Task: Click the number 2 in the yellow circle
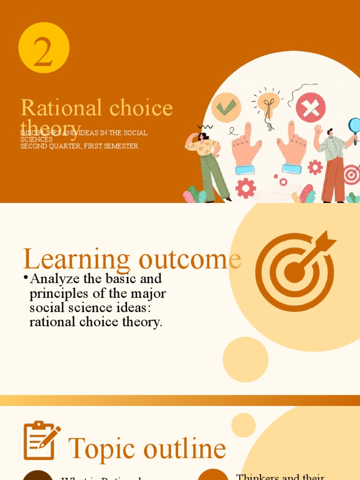(43, 52)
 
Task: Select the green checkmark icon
(226, 108)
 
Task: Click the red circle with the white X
(310, 108)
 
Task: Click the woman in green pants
(209, 164)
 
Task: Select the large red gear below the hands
(246, 188)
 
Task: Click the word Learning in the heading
(76, 260)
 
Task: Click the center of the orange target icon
(294, 272)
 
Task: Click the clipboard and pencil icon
(41, 441)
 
